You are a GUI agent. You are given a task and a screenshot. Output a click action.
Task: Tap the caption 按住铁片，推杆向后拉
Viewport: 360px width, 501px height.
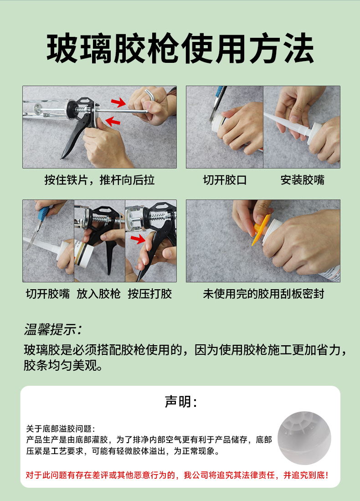(x=99, y=180)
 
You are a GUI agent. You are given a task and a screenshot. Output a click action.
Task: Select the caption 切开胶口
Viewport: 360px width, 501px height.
(x=225, y=180)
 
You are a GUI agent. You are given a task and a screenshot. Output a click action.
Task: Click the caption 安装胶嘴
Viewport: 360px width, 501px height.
(x=302, y=180)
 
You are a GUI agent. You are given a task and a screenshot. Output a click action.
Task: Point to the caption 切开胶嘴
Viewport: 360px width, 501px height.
(x=48, y=294)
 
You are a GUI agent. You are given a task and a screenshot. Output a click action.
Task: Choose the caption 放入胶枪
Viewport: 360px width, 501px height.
(x=98, y=294)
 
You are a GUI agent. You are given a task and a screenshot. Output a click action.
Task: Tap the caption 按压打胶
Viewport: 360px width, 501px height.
(x=150, y=294)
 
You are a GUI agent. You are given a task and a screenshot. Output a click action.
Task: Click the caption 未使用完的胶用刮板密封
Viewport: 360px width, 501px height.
(x=263, y=294)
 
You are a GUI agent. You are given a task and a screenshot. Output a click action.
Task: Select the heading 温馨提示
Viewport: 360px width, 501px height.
(x=53, y=329)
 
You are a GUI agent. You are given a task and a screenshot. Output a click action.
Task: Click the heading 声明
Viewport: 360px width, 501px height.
(x=180, y=402)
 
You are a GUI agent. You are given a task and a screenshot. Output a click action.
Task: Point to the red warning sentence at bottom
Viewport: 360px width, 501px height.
(x=177, y=475)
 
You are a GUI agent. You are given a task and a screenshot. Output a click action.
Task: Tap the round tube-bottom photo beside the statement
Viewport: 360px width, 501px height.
(x=304, y=438)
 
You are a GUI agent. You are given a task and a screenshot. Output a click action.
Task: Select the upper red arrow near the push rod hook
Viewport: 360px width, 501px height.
(x=118, y=102)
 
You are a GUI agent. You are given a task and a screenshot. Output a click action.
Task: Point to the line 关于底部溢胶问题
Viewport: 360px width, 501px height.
(x=61, y=429)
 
